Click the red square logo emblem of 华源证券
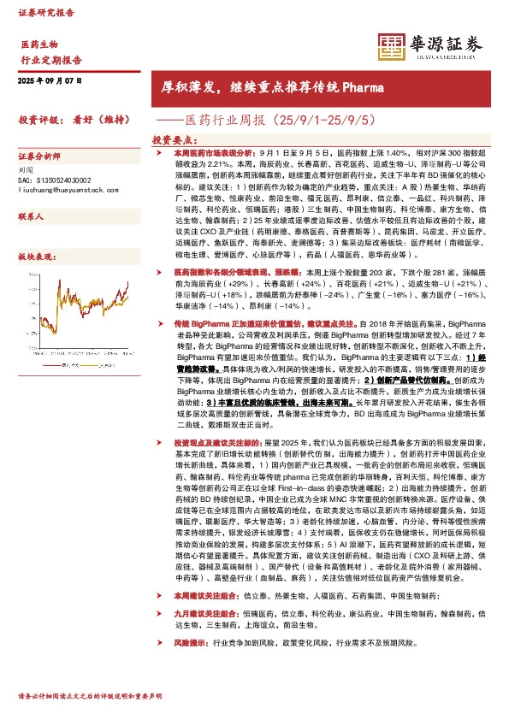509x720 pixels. click(x=393, y=47)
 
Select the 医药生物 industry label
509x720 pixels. click(x=38, y=44)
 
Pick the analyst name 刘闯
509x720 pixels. click(x=25, y=171)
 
